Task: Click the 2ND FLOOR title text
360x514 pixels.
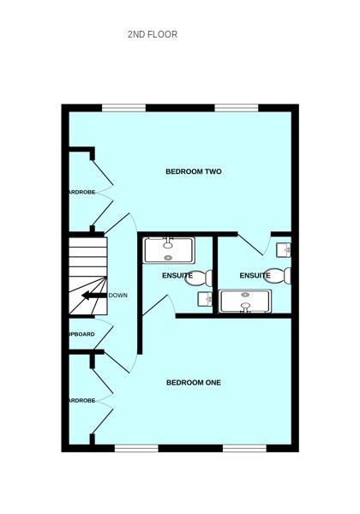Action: coord(152,35)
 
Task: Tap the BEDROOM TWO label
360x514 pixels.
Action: coord(194,172)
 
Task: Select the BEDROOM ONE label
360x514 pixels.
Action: coord(194,383)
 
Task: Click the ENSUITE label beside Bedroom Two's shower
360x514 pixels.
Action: coord(177,276)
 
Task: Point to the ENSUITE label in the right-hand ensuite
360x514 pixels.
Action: coord(255,276)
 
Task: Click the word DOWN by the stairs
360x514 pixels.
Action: coord(117,296)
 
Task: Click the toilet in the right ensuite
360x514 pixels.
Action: coord(280,275)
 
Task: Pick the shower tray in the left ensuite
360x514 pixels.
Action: coord(169,249)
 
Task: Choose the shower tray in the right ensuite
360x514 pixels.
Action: coord(246,302)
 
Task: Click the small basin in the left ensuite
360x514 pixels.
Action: coord(205,299)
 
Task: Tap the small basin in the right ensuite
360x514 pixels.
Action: coord(285,248)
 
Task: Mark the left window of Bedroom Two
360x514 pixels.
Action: coord(124,107)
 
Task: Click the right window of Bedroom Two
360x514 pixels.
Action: coord(237,107)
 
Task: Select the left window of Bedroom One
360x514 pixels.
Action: coord(136,447)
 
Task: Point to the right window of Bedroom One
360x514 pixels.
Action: coord(246,447)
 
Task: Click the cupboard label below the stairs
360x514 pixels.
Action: coord(81,334)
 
